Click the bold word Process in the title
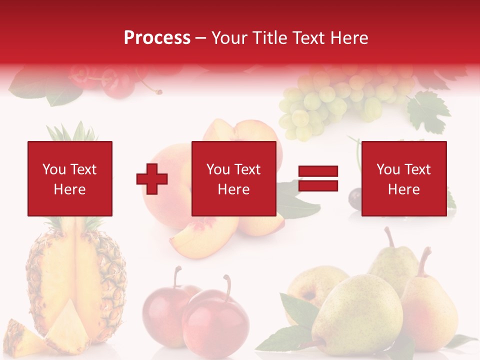point(157,37)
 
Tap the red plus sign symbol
point(152,178)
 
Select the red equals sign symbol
point(318,178)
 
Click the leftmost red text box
point(69,178)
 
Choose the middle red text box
point(233,178)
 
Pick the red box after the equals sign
point(403,178)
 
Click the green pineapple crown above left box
point(70,131)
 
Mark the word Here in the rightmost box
point(403,189)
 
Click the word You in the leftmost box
point(54,169)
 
